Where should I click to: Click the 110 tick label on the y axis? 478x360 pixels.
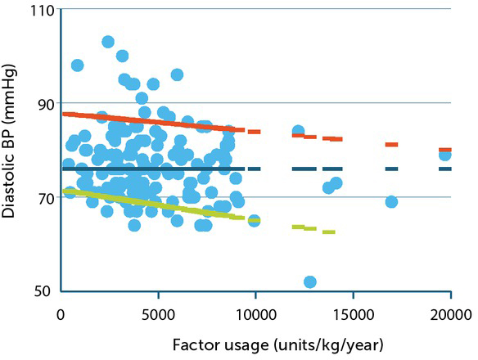(38, 11)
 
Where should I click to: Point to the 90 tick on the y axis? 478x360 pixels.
(42, 104)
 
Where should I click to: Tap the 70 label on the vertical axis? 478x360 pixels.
(42, 197)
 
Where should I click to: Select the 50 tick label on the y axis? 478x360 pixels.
(42, 290)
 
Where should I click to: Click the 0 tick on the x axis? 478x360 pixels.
(61, 313)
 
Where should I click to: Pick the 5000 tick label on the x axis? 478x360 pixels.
(159, 313)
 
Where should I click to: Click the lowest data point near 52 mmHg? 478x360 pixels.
(310, 282)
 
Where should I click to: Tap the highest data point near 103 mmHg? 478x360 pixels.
(108, 42)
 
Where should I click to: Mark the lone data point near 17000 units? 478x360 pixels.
(391, 201)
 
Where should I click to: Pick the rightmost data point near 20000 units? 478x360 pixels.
(445, 155)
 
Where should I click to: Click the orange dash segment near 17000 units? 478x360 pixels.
(391, 145)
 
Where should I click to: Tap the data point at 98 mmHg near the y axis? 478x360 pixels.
(78, 65)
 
